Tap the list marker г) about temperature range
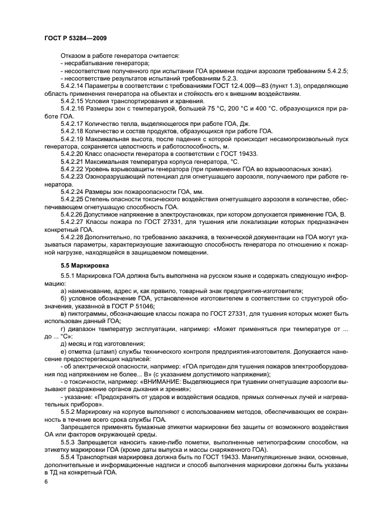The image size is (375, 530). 63,328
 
